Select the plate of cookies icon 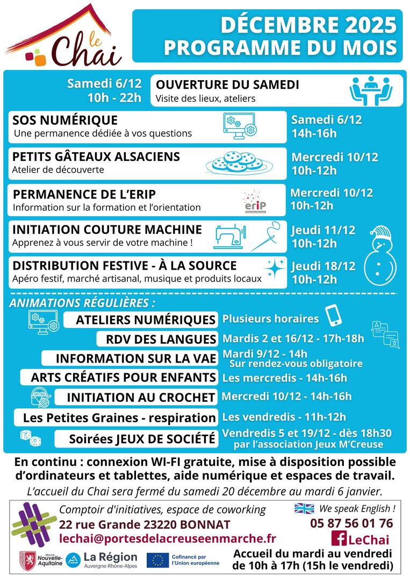pos(239,161)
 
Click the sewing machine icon pos(231,235)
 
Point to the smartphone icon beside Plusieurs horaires pos(334,316)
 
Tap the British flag pos(304,508)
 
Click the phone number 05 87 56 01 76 pos(351,523)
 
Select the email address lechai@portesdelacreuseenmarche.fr pos(168,538)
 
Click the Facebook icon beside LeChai pos(339,539)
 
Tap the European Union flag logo pos(157,560)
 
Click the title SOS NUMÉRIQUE pos(65,119)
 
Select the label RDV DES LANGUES pos(157,339)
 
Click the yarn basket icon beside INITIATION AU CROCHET pos(41,397)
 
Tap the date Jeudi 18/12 pos(323,266)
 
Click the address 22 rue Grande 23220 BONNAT pos(145,524)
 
